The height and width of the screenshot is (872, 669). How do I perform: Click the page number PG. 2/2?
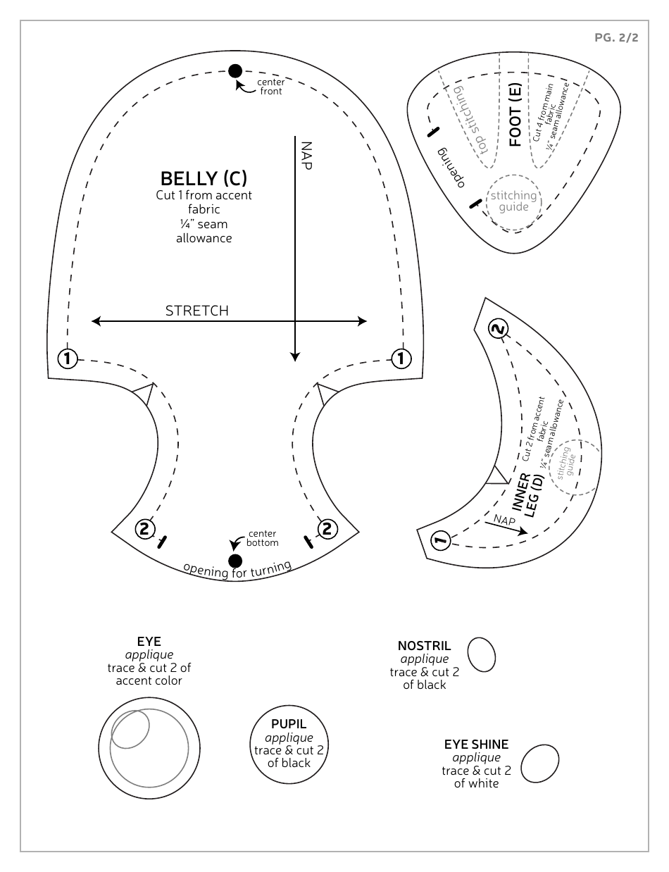click(x=616, y=38)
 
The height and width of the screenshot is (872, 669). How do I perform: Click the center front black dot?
click(x=235, y=70)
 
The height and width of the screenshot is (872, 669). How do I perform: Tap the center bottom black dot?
click(x=235, y=561)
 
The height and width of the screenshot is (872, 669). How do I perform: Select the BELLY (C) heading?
click(x=204, y=178)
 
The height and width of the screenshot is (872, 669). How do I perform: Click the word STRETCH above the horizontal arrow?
click(x=196, y=311)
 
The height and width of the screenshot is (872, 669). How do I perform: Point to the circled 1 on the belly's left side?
click(x=68, y=358)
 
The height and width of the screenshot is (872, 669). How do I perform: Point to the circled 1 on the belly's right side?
click(x=401, y=358)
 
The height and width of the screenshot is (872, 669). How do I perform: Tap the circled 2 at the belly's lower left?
click(x=144, y=528)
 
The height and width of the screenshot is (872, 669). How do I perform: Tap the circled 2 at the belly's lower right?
click(x=326, y=528)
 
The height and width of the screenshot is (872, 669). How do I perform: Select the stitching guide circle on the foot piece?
click(x=513, y=201)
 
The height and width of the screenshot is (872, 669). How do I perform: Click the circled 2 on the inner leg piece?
click(x=498, y=329)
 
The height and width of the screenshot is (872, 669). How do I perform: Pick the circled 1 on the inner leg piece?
click(x=439, y=541)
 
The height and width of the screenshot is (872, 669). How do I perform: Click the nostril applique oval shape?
click(x=482, y=655)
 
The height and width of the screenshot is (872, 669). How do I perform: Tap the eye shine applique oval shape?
click(x=539, y=764)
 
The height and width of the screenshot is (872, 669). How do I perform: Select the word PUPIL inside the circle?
click(x=289, y=724)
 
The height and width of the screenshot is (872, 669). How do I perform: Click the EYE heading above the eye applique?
click(x=149, y=642)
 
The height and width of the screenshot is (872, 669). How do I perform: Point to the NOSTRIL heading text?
click(x=424, y=646)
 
